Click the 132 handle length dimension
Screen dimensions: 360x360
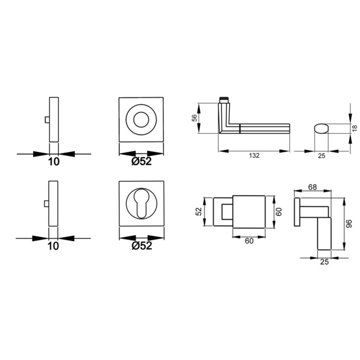coord(254,155)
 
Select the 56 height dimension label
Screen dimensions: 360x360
coord(194,118)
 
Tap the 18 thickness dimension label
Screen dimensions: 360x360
coord(355,128)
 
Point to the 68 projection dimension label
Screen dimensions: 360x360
coord(312,187)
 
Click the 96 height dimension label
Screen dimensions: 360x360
coord(349,223)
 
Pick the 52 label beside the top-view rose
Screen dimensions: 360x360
coord(199,211)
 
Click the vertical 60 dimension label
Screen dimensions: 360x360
coord(278,212)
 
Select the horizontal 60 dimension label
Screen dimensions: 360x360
coord(249,241)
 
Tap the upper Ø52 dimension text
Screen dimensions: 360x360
coord(142,161)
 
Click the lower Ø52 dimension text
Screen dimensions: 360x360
coord(142,245)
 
